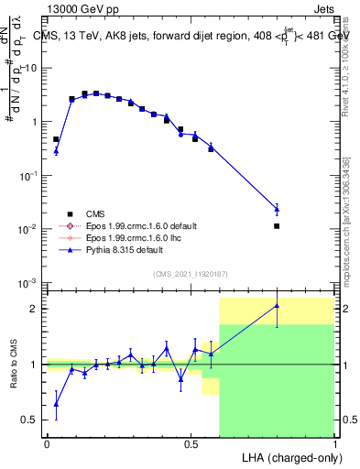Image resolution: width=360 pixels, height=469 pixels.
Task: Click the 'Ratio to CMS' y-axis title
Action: point(13,364)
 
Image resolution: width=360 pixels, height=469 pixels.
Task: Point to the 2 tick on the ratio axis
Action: point(33,309)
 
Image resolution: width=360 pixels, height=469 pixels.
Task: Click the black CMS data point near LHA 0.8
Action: point(277,225)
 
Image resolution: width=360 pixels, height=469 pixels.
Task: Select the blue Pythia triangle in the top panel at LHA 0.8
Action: point(277,209)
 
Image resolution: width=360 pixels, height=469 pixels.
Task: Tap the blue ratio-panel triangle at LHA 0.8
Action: point(277,306)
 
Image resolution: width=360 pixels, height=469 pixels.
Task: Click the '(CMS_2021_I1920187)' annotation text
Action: point(190,274)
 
